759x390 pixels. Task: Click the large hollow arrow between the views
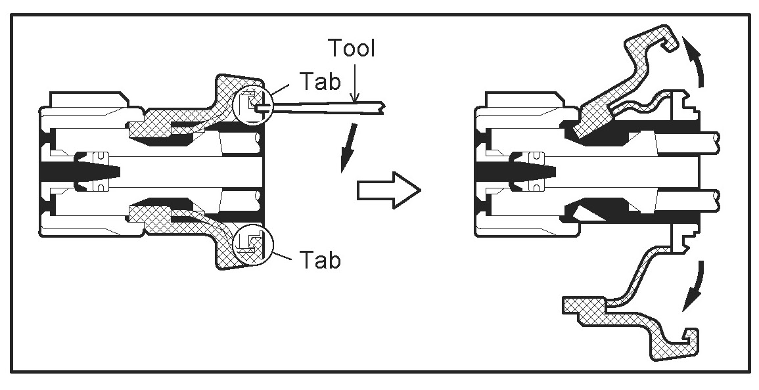pyautogui.click(x=388, y=190)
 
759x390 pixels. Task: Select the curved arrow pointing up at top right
pyautogui.click(x=695, y=62)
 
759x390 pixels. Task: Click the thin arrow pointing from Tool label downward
pyautogui.click(x=355, y=85)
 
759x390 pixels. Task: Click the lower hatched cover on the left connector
pyautogui.click(x=191, y=230)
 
